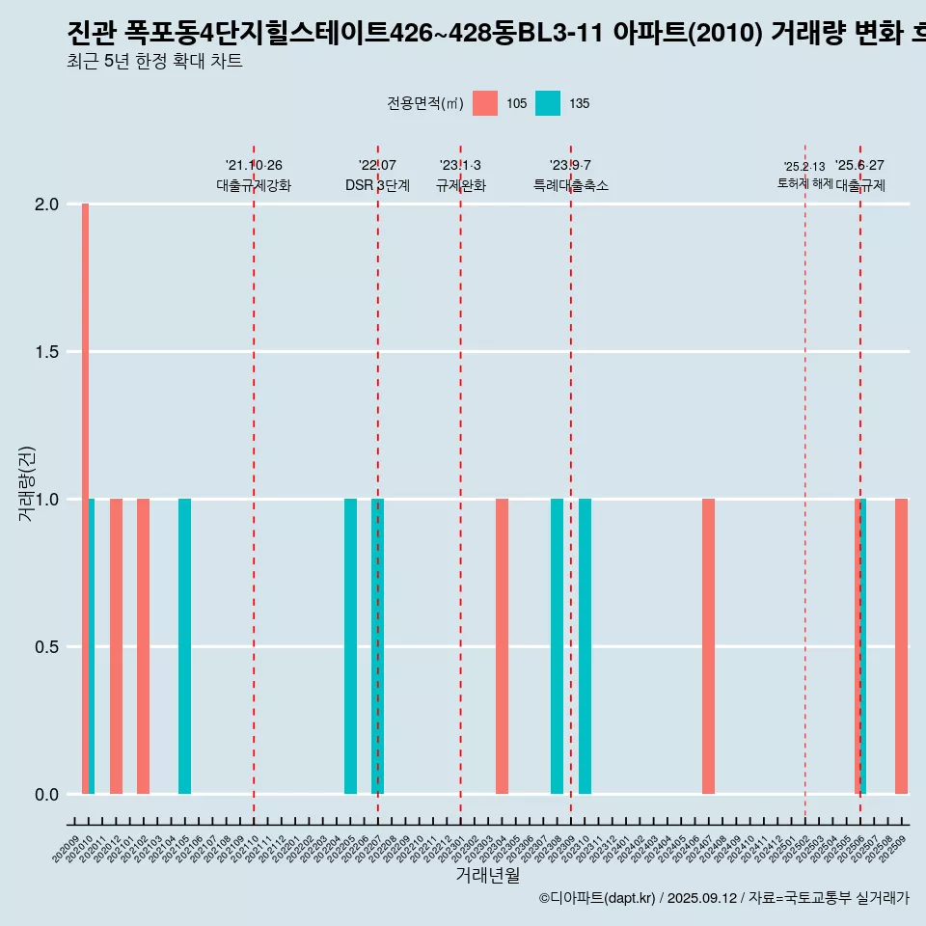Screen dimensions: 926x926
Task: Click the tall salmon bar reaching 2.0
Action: [x=85, y=499]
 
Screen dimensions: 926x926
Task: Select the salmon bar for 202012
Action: [x=116, y=646]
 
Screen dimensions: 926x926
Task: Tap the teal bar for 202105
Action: [x=184, y=646]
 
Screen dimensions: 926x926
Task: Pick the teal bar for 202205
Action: [x=350, y=646]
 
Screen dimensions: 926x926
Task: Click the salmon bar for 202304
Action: [x=502, y=646]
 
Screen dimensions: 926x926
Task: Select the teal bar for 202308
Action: [x=557, y=646]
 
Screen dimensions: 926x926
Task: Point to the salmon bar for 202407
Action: [x=708, y=646]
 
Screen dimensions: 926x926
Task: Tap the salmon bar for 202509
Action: [x=901, y=646]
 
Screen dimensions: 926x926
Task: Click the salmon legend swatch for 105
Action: [x=485, y=103]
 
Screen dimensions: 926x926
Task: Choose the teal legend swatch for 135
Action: [x=548, y=103]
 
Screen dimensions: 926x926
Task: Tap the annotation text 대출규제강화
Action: [x=253, y=185]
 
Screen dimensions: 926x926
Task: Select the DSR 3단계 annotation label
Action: [x=377, y=185]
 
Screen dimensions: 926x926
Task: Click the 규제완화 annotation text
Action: [x=460, y=185]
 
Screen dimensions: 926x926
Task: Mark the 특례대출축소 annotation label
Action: [x=570, y=185]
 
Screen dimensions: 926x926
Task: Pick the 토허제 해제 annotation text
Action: [x=804, y=183]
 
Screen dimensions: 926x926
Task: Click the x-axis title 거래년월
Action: [x=487, y=876]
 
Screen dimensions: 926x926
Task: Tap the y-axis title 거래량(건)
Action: [x=27, y=483]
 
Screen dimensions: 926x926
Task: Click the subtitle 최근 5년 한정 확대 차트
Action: [x=155, y=62]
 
